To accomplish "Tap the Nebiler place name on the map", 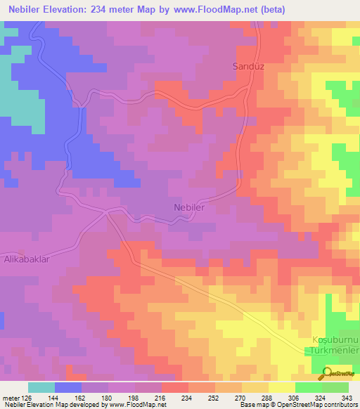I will coord(188,207).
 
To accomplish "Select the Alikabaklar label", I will coord(27,259).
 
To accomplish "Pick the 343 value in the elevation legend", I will coord(348,397).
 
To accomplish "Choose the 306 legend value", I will coord(294,397).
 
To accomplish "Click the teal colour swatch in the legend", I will coord(41,387).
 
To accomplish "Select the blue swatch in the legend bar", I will coord(67,387).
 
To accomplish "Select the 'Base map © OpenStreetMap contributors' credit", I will coord(296,405).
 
